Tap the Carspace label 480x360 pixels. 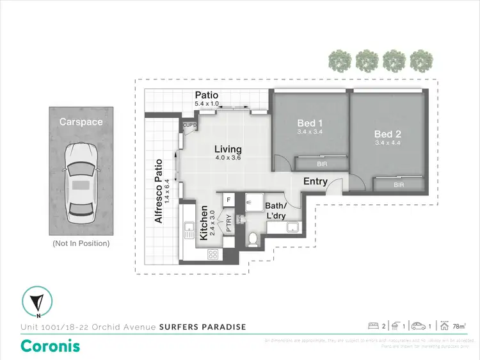(81, 121)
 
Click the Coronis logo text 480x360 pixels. (51, 346)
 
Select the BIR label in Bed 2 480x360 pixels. (399, 185)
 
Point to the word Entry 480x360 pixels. (315, 181)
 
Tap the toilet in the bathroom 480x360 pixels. (253, 240)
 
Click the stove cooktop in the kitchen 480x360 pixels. (213, 254)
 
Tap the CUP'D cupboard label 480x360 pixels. (189, 125)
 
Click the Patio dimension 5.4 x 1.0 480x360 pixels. (207, 103)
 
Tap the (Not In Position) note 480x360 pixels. (81, 243)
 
